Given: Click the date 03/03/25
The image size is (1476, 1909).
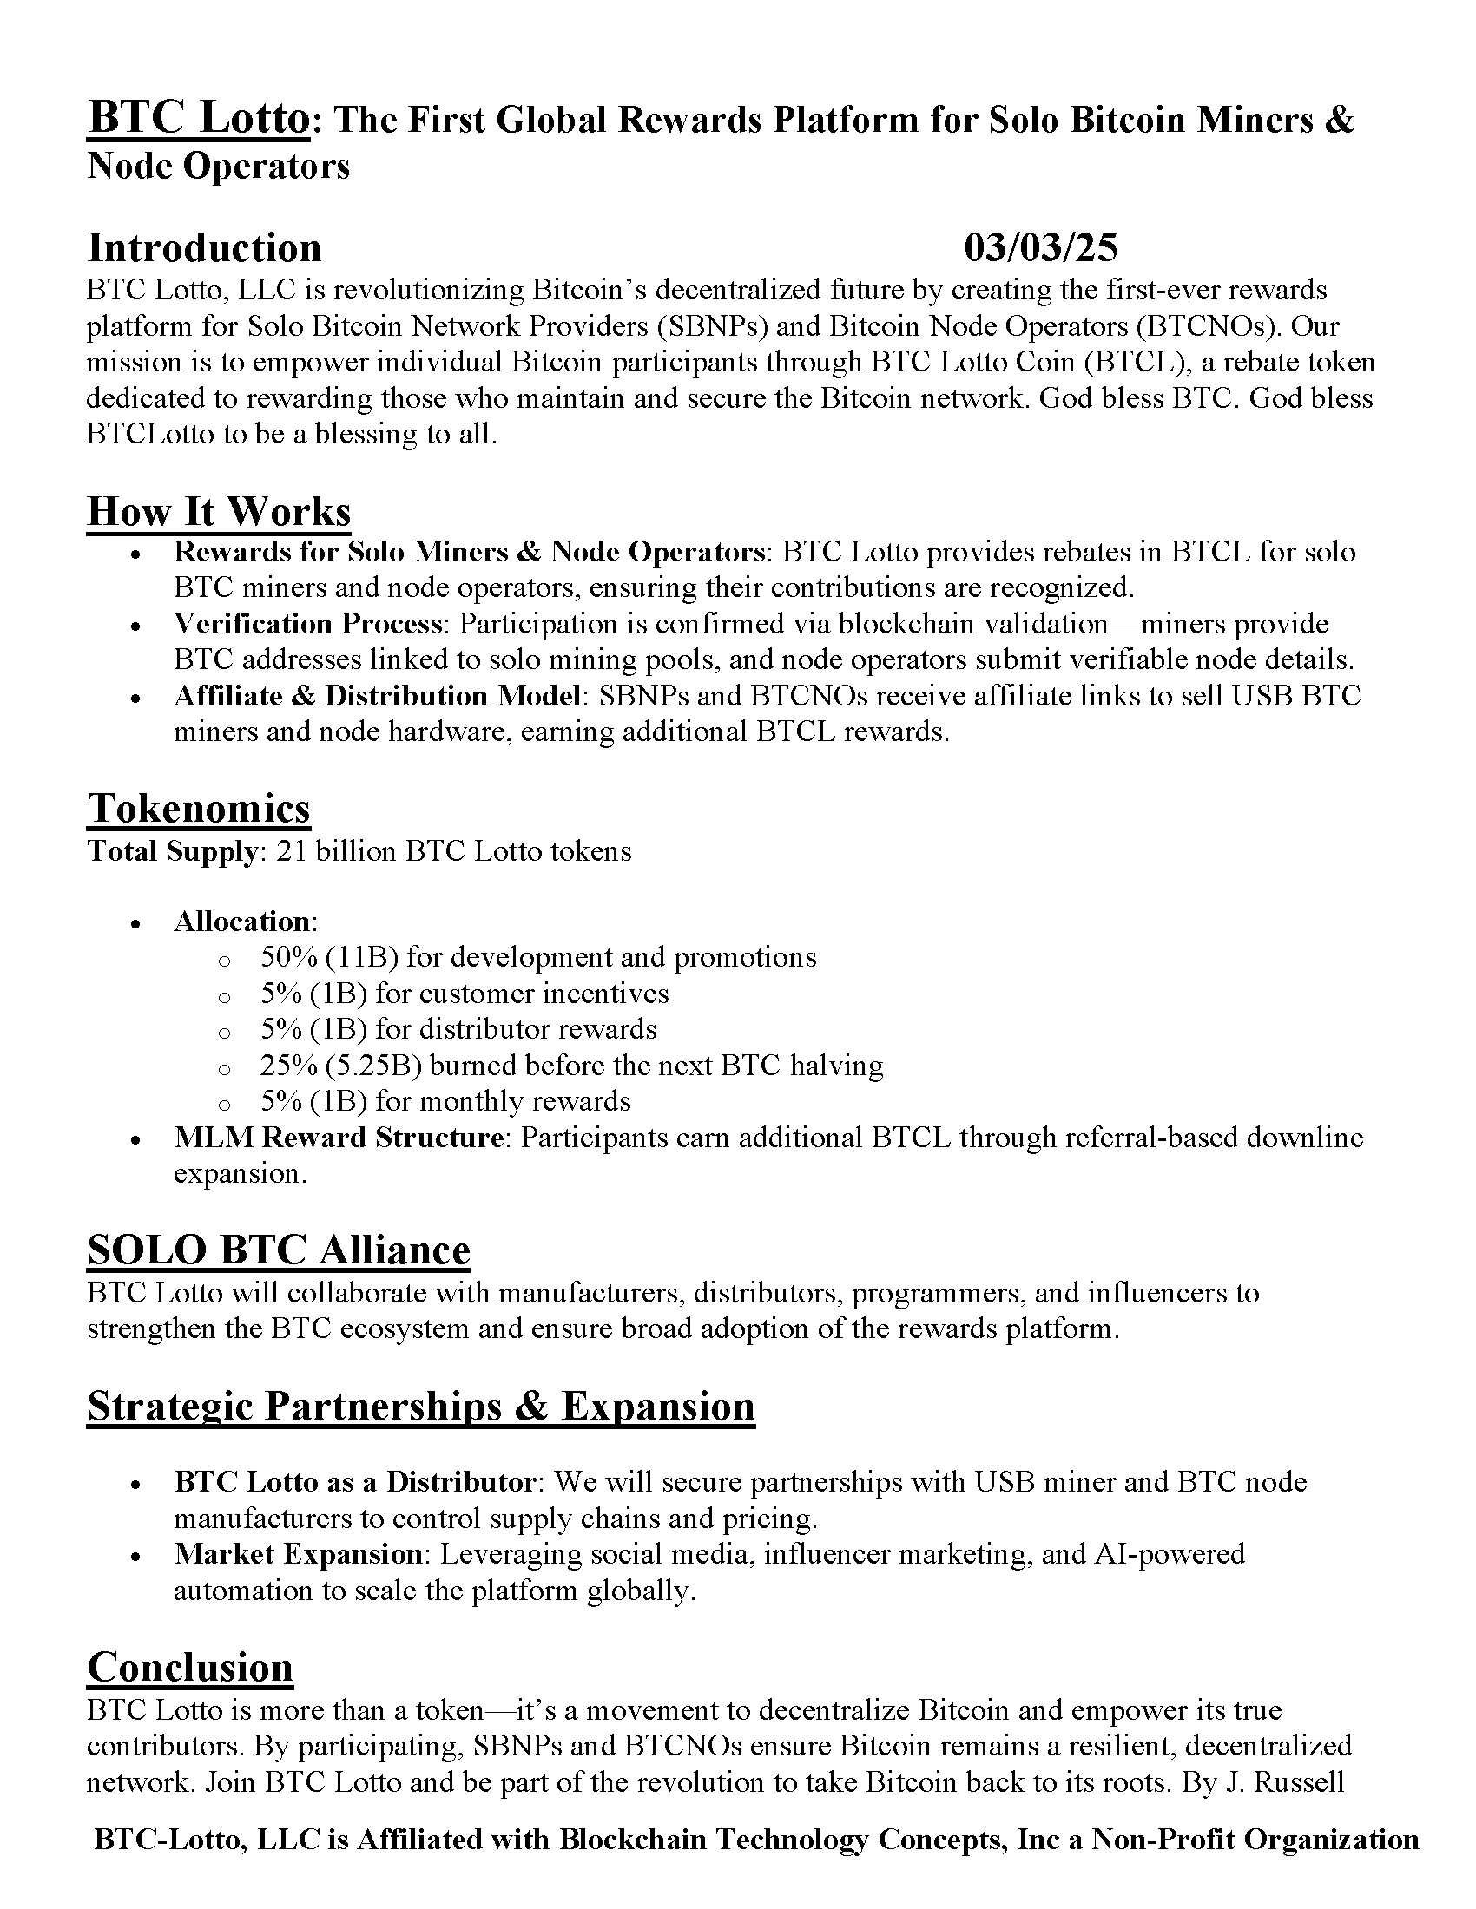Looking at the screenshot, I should pos(1040,248).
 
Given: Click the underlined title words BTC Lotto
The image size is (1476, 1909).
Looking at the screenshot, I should pos(199,119).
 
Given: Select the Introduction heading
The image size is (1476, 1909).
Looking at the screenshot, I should pos(205,248).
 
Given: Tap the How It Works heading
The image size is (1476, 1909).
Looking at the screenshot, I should pos(219,511).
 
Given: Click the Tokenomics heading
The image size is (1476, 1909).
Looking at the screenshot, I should pos(199,808).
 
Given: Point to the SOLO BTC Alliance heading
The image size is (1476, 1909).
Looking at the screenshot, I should pos(278,1250).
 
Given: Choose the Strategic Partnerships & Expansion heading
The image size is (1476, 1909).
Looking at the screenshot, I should pos(420,1407).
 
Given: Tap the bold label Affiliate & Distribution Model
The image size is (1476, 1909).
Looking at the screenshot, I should pos(378,696).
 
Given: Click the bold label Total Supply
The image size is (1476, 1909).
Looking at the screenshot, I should pos(172,851).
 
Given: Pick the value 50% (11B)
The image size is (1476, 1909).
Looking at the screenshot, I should pos(330,957).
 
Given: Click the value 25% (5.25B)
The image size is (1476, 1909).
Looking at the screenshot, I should pos(342,1066).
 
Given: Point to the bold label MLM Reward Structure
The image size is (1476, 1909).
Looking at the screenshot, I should pos(339,1138).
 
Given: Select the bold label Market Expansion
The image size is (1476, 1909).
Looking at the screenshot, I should pos(298,1554).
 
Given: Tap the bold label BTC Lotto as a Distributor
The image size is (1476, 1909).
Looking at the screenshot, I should pos(354,1481).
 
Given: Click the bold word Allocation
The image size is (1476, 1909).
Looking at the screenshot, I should pos(242,922).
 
